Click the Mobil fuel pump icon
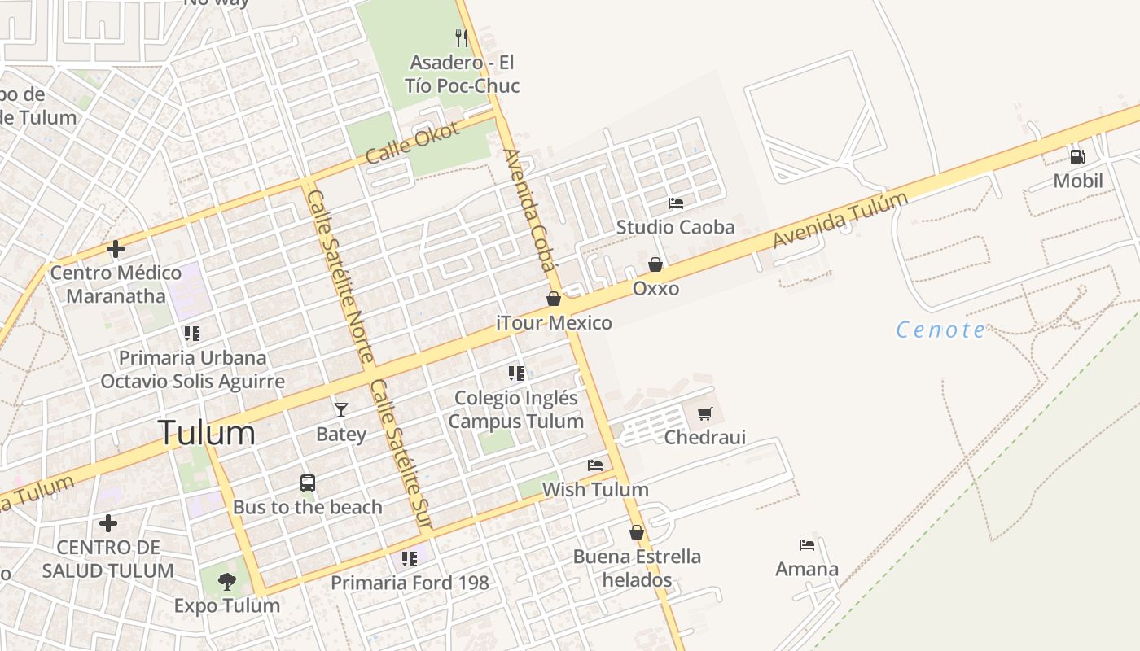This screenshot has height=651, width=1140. click(x=1077, y=156)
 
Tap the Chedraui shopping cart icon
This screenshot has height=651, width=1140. click(x=705, y=413)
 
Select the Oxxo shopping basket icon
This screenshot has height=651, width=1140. click(x=655, y=264)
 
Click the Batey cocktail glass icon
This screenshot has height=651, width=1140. click(x=341, y=409)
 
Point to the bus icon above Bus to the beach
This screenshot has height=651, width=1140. click(x=308, y=483)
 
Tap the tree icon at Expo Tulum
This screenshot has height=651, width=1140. click(x=227, y=581)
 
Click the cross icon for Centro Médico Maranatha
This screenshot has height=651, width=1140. click(x=116, y=248)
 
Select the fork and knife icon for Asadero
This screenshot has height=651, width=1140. click(x=462, y=37)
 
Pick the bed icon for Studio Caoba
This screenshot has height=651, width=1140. click(x=676, y=203)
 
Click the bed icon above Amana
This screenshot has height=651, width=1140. click(x=807, y=544)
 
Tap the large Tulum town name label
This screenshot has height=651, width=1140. click(x=207, y=432)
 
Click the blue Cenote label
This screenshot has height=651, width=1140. click(x=940, y=330)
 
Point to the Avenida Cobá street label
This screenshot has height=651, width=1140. click(x=529, y=210)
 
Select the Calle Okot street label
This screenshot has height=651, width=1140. click(x=413, y=142)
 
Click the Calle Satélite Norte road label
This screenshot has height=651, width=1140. click(x=339, y=277)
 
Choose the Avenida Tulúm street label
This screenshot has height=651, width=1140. click(x=840, y=220)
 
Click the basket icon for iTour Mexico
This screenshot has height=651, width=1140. click(x=554, y=299)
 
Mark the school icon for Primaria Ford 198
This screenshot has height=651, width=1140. click(x=410, y=558)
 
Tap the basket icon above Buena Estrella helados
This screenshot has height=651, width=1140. click(x=637, y=532)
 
